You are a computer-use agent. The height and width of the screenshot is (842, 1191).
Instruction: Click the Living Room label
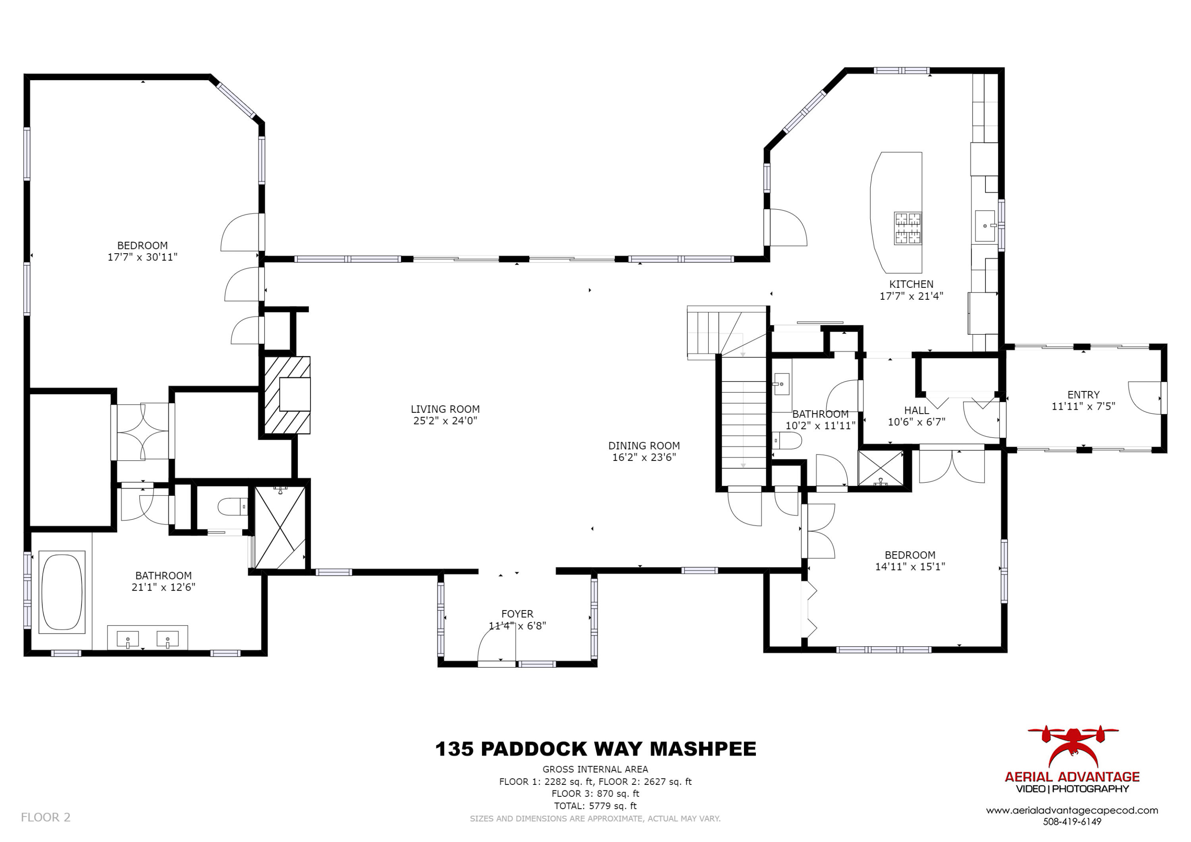445,409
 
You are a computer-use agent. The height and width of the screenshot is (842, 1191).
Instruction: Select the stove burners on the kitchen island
907,228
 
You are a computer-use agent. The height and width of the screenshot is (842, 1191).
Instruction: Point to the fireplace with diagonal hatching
287,395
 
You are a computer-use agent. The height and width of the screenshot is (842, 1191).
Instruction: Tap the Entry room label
1083,395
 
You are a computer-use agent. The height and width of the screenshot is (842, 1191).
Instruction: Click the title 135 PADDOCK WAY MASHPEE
595,749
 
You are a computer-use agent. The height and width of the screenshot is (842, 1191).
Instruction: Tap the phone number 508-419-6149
1072,822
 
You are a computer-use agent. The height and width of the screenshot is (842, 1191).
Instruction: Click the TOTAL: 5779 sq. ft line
595,806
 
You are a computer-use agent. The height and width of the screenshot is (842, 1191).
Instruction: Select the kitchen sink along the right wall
985,226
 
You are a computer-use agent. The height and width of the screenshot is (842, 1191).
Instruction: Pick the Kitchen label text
911,284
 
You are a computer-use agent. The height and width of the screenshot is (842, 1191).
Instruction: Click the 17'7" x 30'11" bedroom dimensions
142,257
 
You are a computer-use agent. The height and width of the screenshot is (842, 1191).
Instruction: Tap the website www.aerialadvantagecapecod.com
1072,810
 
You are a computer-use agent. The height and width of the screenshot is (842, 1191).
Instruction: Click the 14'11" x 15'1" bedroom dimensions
910,567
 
